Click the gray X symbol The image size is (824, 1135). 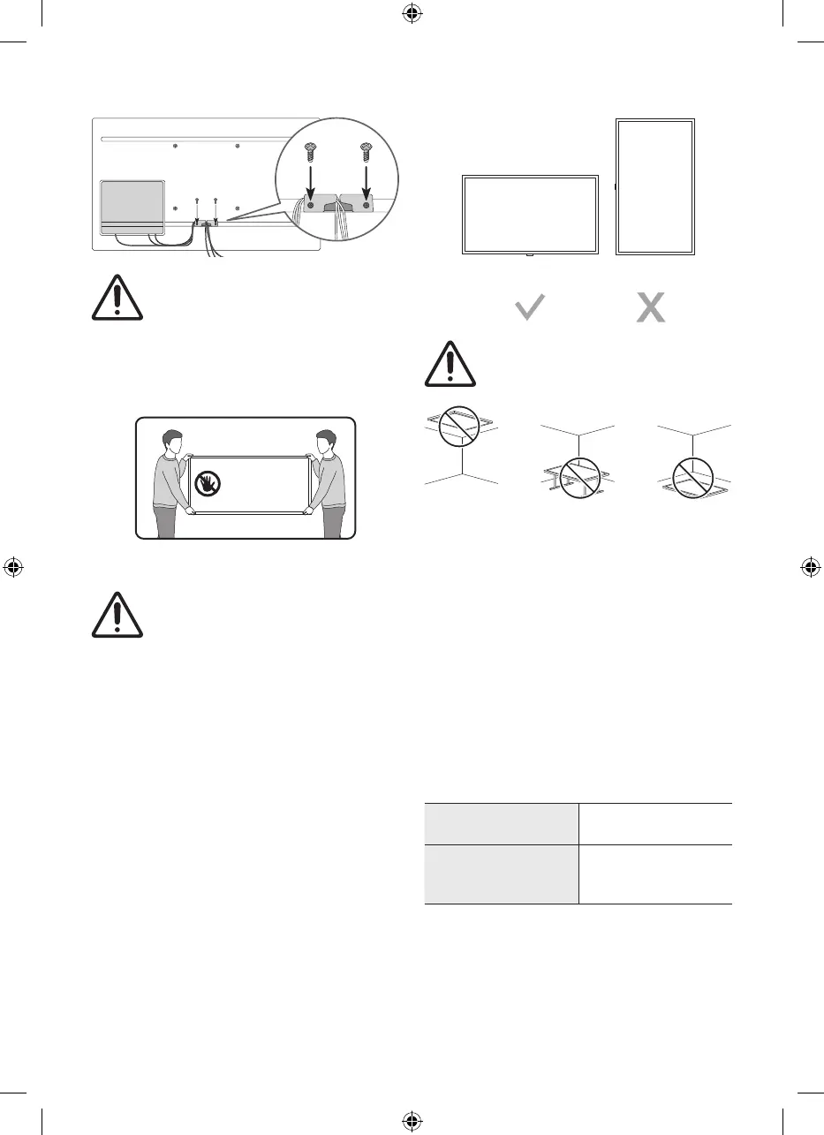pyautogui.click(x=651, y=308)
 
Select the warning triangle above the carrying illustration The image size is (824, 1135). pyautogui.click(x=117, y=297)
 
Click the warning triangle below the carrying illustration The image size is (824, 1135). pyautogui.click(x=117, y=613)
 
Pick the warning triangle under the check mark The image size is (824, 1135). pyautogui.click(x=450, y=363)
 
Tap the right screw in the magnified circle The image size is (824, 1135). pyautogui.click(x=364, y=153)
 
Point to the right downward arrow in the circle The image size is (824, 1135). pyautogui.click(x=364, y=181)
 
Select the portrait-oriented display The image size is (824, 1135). pyautogui.click(x=654, y=186)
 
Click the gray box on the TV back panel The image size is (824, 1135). pyautogui.click(x=132, y=208)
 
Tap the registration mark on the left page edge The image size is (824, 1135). pyautogui.click(x=14, y=567)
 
